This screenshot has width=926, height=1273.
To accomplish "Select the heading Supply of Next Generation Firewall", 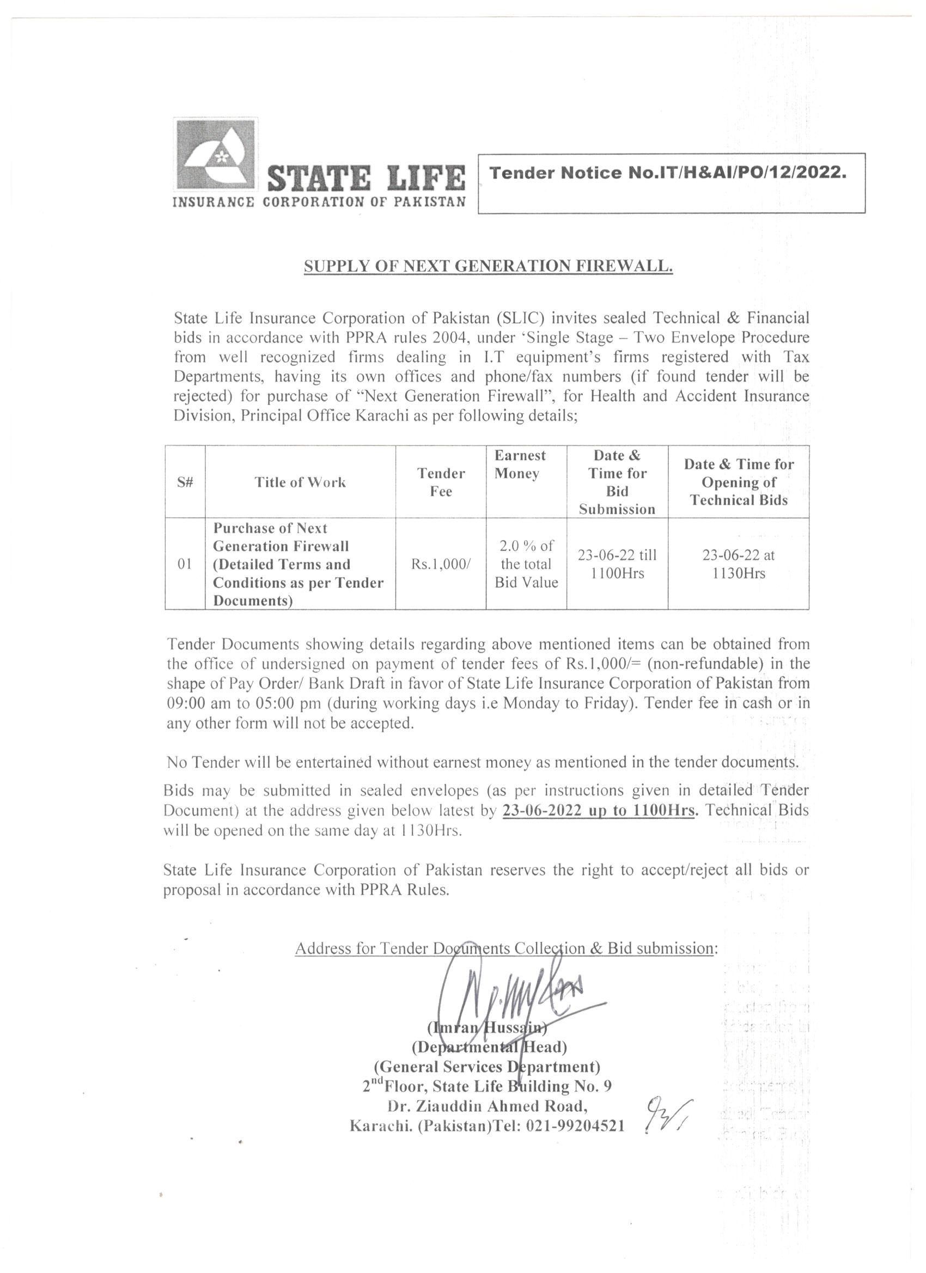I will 488,266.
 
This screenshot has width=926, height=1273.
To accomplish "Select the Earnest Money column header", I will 520,464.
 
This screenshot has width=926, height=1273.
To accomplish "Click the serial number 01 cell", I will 185,564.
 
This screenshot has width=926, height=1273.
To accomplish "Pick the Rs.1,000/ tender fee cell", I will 441,564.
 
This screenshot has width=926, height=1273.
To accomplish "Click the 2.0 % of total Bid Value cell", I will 526,564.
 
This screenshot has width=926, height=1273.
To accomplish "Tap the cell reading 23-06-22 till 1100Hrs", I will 617,564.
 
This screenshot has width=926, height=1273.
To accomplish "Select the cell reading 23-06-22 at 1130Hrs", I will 739,564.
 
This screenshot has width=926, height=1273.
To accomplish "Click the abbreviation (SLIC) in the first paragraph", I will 521,318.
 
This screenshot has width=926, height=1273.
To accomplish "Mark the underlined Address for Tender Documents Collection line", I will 505,948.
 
